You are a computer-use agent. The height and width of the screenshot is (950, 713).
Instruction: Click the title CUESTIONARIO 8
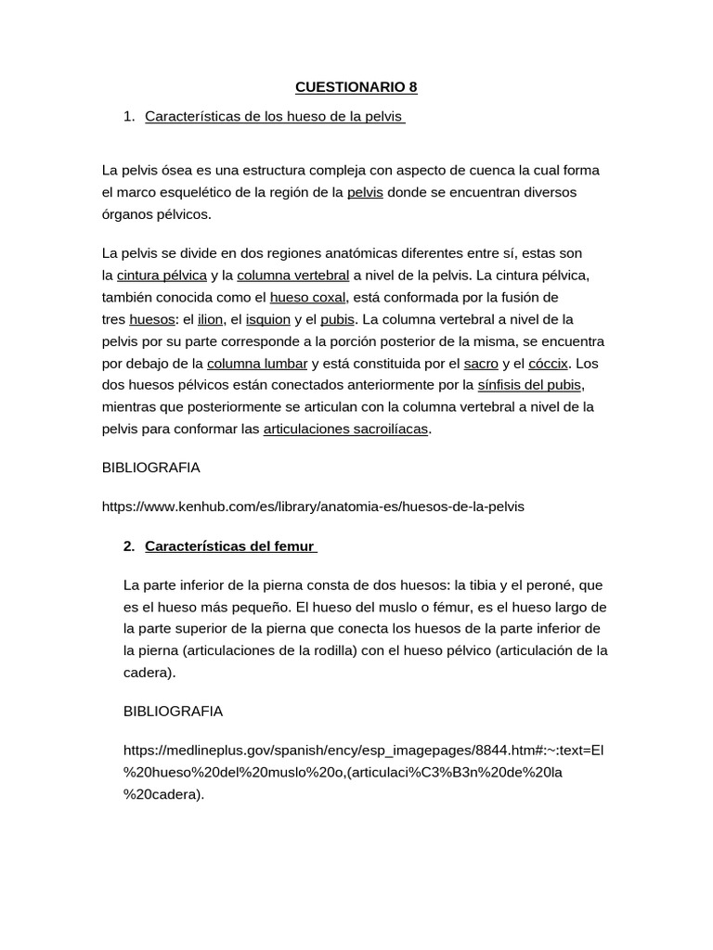pyautogui.click(x=356, y=88)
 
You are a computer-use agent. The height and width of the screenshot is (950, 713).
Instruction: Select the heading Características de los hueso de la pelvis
pyautogui.click(x=275, y=117)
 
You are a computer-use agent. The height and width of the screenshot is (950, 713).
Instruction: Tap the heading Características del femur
pyautogui.click(x=230, y=546)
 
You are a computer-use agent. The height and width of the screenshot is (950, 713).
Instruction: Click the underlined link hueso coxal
pyautogui.click(x=307, y=298)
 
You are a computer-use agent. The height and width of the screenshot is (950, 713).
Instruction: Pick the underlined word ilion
pyautogui.click(x=211, y=319)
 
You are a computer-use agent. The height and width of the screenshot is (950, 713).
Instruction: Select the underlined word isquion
pyautogui.click(x=268, y=319)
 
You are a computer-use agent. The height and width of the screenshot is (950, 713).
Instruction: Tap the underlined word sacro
pyautogui.click(x=482, y=363)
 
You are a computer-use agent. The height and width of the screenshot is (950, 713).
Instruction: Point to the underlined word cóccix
pyautogui.click(x=548, y=363)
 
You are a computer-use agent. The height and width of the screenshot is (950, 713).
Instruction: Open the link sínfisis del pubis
pyautogui.click(x=530, y=385)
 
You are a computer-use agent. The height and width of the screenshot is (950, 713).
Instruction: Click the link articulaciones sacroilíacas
pyautogui.click(x=346, y=430)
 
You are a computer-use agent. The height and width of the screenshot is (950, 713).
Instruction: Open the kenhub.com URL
pyautogui.click(x=313, y=507)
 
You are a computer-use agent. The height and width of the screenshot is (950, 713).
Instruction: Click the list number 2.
pyautogui.click(x=128, y=546)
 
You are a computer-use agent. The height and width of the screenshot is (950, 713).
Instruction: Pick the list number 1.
pyautogui.click(x=128, y=117)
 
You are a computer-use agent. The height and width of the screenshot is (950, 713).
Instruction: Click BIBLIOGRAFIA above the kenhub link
pyautogui.click(x=150, y=468)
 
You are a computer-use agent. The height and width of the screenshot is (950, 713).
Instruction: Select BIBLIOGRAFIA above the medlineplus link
pyautogui.click(x=173, y=712)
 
